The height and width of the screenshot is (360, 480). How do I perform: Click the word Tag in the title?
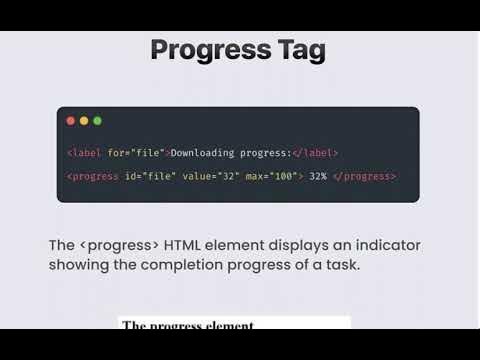coord(299,50)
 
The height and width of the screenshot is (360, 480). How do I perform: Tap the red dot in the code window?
coord(70,121)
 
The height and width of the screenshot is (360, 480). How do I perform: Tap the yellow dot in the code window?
coord(84,121)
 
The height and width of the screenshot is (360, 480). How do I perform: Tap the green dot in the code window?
coord(97,121)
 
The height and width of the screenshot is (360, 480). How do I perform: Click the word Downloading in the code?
coord(205,153)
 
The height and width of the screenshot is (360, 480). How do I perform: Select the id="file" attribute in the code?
coord(150,176)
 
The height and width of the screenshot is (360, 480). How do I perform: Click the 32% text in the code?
coord(319,176)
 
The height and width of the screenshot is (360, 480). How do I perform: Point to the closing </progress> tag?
coord(367,176)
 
